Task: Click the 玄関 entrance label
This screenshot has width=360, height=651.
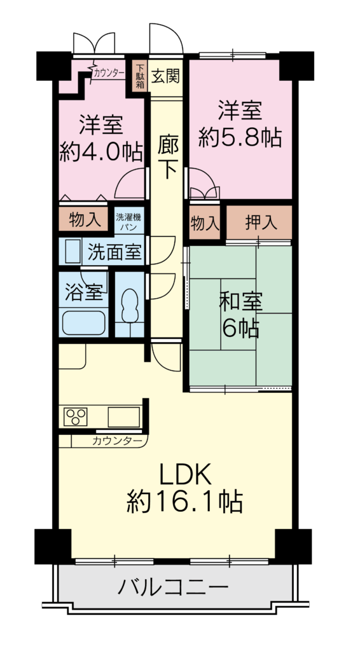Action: tap(165, 76)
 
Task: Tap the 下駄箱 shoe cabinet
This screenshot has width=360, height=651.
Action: tap(140, 76)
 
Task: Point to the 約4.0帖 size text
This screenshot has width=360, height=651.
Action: tap(101, 151)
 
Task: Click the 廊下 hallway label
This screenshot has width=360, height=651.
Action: tap(168, 158)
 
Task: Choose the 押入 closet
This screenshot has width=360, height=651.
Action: tap(259, 223)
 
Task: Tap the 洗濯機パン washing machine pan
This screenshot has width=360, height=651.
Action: tap(129, 221)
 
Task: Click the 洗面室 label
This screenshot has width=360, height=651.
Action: tap(114, 252)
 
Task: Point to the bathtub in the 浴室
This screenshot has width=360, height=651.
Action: tap(83, 323)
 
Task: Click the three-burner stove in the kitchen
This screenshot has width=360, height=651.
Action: tap(76, 416)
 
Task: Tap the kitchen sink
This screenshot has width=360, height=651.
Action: tap(124, 417)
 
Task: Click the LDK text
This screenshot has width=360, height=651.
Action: tap(186, 474)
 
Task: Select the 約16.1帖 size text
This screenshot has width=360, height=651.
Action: tap(185, 501)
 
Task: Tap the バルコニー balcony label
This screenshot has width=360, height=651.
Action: tap(173, 587)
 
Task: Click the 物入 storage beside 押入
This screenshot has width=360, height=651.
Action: tap(205, 223)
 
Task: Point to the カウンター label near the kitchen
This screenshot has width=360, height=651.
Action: tap(118, 441)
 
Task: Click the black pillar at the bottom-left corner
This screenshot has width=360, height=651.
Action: tap(53, 545)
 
